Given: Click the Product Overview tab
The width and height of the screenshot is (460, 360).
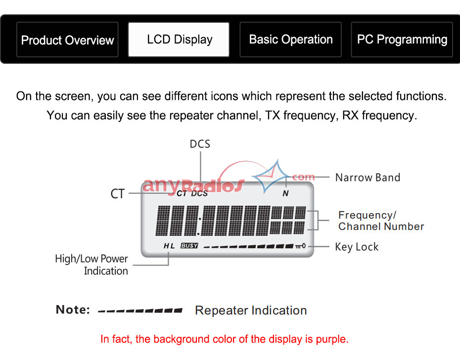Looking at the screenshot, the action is point(67,40).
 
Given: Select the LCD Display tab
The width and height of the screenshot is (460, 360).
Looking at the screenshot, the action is point(179,40).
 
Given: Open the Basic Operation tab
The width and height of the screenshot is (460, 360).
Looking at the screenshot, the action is point(290,40).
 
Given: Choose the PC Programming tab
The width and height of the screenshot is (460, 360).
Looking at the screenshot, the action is point(402,40).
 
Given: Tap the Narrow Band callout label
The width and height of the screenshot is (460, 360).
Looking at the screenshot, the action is point(368,178).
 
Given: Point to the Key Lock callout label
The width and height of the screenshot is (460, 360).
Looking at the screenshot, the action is point(357,247).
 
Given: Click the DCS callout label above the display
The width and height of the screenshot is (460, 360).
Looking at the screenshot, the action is point(200,144).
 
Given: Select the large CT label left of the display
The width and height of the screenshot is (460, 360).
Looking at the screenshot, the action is point(118,194).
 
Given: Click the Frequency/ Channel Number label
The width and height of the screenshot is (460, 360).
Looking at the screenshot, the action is point(381,221).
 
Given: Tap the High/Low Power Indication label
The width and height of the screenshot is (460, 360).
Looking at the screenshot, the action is point(92,265).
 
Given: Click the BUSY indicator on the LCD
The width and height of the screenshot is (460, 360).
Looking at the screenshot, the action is point(189,246).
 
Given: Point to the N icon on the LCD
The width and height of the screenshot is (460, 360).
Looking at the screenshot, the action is point(285,193).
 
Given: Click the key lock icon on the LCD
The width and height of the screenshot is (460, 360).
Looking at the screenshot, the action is point(300,246).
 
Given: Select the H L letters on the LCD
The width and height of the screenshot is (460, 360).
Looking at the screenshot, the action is point(169,246).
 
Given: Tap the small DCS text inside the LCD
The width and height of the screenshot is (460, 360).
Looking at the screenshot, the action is point(199,194).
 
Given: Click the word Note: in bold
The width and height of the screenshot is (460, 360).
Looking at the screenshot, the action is point(73,310).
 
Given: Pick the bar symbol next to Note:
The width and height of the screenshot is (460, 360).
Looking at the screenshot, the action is point(140,311).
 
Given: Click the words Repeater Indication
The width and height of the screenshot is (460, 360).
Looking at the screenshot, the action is point(251,311).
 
